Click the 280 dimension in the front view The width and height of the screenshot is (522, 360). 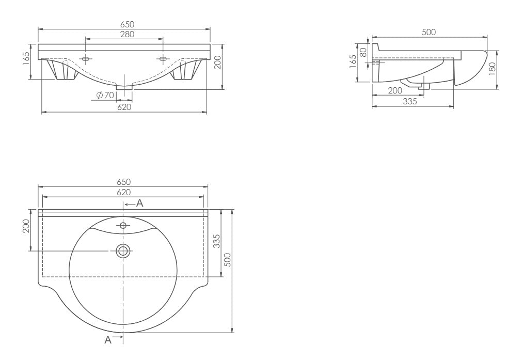127,34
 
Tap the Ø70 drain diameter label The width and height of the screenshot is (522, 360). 105,95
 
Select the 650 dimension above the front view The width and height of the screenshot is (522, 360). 127,24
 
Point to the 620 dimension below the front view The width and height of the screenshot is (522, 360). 124,107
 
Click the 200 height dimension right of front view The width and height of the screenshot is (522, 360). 218,62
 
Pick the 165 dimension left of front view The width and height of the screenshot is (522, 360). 27,58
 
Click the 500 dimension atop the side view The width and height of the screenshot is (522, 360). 429,32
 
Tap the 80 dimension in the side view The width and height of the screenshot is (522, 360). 363,52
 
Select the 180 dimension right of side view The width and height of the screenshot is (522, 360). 493,69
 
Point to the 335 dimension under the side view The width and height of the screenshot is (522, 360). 409,101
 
